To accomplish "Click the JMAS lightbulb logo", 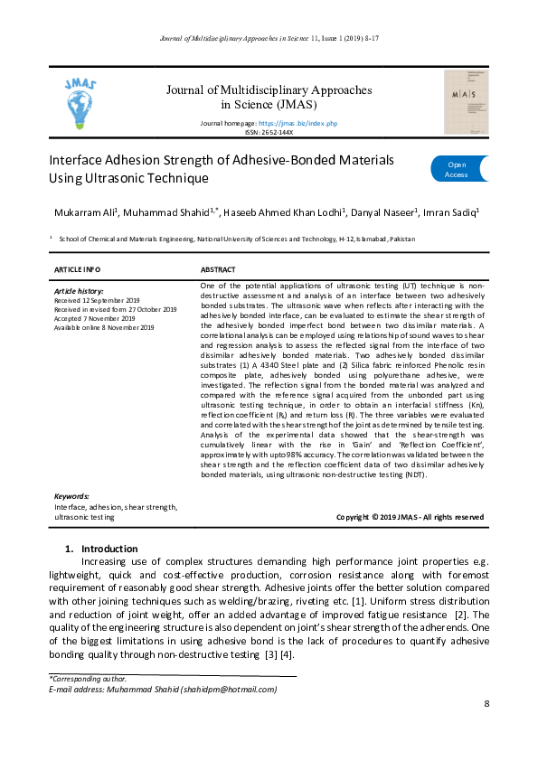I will coord(82,103).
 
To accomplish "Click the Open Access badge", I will coord(458,169).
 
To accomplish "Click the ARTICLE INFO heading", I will coord(78,270).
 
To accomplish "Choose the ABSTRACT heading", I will coord(218,270).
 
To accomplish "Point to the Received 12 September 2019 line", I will coord(97,299).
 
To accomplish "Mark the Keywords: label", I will coord(71,496).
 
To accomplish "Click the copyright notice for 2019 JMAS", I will coord(410,517).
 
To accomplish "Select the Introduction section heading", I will coord(109,549).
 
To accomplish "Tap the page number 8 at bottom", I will coord(486,703).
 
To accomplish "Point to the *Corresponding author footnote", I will coord(87,678).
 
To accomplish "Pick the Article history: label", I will coord(80,291).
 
